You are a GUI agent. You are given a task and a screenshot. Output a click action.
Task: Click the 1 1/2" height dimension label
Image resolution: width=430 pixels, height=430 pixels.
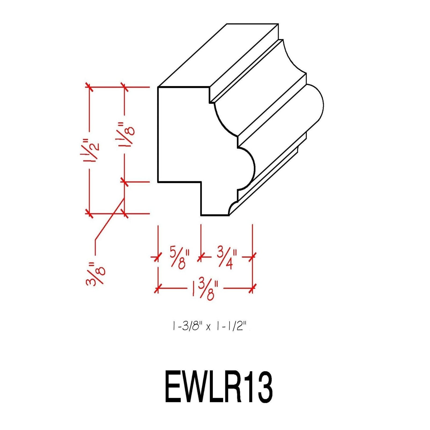click(91, 150)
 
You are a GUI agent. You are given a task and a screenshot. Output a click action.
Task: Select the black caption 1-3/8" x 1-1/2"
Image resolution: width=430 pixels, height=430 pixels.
click(210, 327)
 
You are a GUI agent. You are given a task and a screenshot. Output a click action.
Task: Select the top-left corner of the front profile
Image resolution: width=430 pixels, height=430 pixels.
click(158, 87)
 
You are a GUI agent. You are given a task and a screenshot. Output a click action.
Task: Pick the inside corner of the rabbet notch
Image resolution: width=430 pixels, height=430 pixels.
click(201, 182)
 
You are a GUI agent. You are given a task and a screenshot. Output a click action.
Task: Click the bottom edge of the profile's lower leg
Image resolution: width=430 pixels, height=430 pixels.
click(214, 215)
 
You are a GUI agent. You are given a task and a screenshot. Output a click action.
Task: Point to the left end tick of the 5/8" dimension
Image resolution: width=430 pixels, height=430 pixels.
click(156, 258)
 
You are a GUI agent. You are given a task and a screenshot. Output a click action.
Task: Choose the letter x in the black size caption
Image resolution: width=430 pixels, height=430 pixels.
click(208, 328)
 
